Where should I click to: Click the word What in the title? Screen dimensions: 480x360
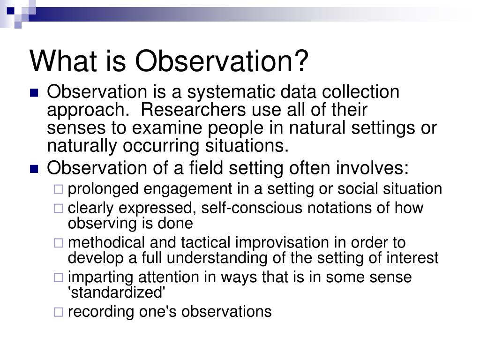click(x=63, y=61)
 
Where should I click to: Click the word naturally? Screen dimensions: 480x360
click(x=82, y=146)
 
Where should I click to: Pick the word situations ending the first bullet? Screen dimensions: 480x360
click(x=247, y=146)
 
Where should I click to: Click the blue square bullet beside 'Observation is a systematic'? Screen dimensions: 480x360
click(x=34, y=92)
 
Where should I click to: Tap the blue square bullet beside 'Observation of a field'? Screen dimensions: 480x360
click(x=34, y=169)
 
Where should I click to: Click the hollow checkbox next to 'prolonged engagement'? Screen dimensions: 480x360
click(x=59, y=189)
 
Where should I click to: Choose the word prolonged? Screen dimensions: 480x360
click(x=103, y=189)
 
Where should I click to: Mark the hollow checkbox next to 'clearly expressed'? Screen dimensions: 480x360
click(x=59, y=209)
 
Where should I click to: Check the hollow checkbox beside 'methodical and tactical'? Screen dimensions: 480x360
click(x=59, y=243)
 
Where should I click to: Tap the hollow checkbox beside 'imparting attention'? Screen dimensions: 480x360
click(x=59, y=277)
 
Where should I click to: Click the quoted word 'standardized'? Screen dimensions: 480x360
click(x=117, y=292)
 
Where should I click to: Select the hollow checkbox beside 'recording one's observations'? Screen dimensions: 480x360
click(x=59, y=312)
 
